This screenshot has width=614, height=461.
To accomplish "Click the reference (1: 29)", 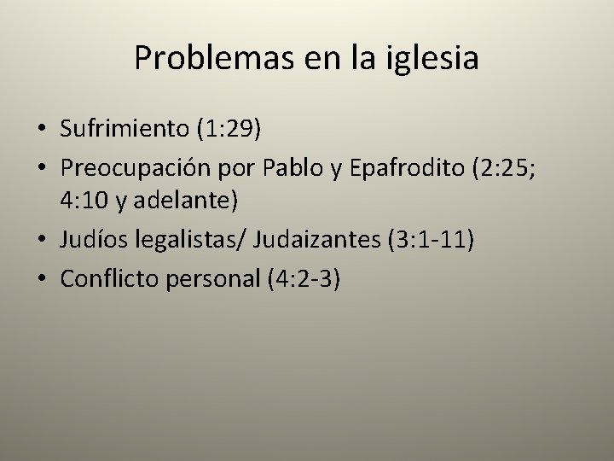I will point(229,129).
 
